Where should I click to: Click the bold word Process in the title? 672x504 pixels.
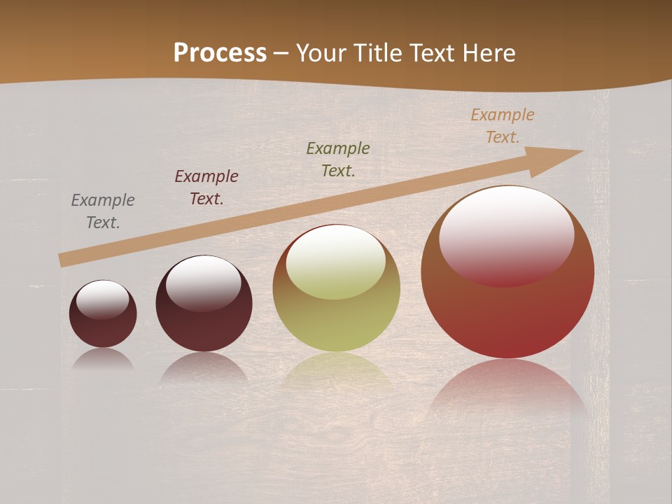[220, 52]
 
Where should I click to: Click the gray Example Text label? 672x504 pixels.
[103, 211]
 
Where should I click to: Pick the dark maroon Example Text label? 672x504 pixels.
[206, 188]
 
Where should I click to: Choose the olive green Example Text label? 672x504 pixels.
[338, 159]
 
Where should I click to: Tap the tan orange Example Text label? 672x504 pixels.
[503, 126]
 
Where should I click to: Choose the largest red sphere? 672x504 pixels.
[507, 315]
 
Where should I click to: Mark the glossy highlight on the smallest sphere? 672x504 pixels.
[103, 300]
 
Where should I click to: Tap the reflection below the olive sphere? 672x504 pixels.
[337, 371]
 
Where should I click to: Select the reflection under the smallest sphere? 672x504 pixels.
[103, 359]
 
